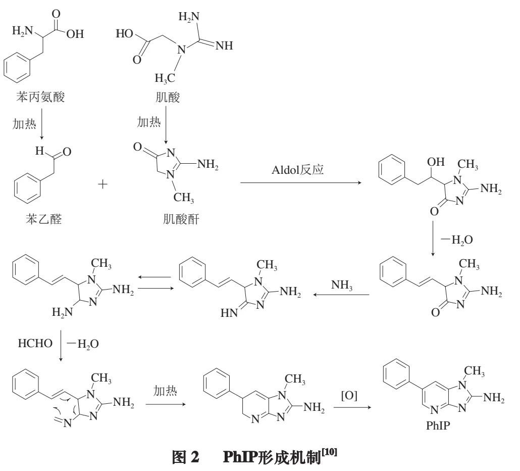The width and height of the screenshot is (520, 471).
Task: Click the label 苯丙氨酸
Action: pyautogui.click(x=41, y=97)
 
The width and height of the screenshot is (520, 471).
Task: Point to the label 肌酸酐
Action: pyautogui.click(x=175, y=219)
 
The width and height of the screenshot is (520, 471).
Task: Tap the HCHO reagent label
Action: pyautogui.click(x=35, y=344)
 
